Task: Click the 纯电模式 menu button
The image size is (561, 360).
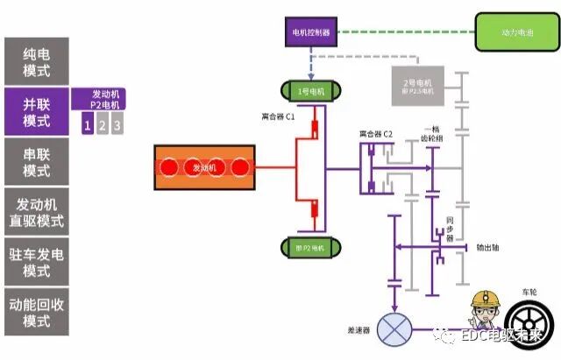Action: pyautogui.click(x=37, y=60)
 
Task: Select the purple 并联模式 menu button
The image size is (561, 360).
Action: pyautogui.click(x=37, y=110)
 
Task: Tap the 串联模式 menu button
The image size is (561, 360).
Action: pyautogui.click(x=37, y=160)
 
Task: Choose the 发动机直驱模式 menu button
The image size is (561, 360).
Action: pyautogui.click(x=37, y=211)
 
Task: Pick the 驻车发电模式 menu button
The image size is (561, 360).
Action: pyautogui.click(x=37, y=261)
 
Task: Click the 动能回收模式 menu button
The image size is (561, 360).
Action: pyautogui.click(x=37, y=312)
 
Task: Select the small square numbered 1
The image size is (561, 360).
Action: pyautogui.click(x=87, y=125)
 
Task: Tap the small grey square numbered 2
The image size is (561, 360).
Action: pyautogui.click(x=103, y=125)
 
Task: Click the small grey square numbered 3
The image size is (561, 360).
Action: pyautogui.click(x=117, y=125)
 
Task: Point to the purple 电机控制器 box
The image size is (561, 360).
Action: pyautogui.click(x=310, y=33)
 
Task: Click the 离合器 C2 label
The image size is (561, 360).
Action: pyautogui.click(x=375, y=133)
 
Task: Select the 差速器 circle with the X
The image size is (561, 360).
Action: pyautogui.click(x=392, y=331)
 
